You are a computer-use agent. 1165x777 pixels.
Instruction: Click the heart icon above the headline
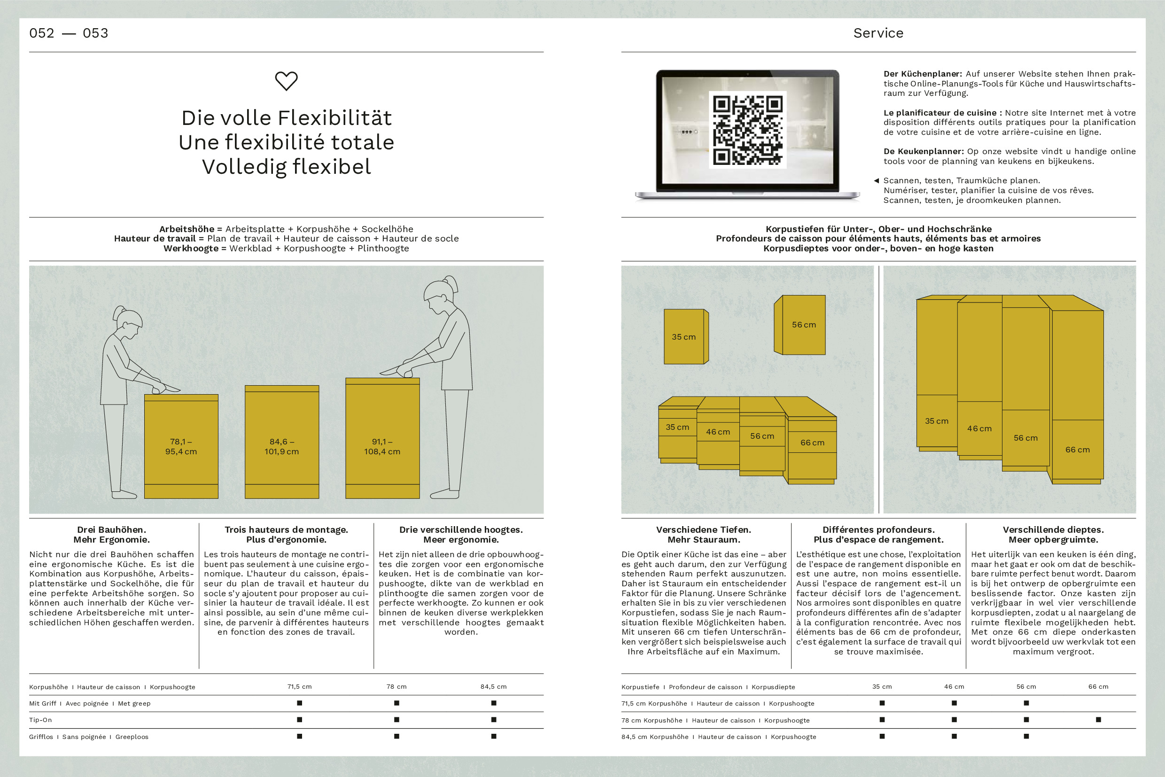[287, 81]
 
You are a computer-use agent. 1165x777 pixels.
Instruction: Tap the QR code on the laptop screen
[747, 130]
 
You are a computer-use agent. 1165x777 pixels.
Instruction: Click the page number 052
[42, 33]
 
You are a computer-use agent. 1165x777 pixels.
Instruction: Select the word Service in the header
[878, 33]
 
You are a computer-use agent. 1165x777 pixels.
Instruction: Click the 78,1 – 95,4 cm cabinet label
[181, 446]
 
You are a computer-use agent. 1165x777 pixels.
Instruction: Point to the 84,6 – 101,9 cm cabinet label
[281, 446]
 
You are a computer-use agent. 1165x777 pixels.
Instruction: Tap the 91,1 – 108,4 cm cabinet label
[382, 446]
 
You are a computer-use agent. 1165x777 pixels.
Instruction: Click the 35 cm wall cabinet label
[683, 337]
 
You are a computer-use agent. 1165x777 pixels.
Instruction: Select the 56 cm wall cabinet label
[804, 325]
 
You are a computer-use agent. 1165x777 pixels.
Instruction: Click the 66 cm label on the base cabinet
[812, 443]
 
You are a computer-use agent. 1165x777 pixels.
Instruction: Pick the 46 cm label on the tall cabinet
[979, 428]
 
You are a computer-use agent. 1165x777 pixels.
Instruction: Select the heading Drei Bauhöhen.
[111, 530]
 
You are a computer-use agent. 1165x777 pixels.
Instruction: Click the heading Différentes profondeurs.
[878, 530]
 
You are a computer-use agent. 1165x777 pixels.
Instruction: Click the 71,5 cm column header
[299, 687]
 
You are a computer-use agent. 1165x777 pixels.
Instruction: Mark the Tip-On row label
[40, 720]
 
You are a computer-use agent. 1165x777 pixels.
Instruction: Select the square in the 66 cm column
[1098, 720]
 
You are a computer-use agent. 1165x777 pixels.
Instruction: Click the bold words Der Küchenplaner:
[923, 74]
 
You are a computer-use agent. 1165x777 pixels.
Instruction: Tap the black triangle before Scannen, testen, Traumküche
[876, 180]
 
